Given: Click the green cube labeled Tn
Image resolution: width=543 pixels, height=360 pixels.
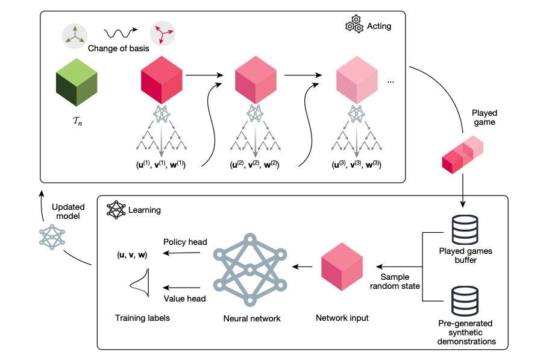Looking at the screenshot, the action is click(x=77, y=82).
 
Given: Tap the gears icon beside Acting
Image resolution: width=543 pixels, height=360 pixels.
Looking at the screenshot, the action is click(x=354, y=24).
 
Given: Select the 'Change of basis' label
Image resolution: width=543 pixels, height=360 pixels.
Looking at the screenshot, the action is click(x=119, y=48).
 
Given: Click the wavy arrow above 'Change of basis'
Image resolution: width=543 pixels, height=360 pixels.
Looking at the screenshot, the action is click(x=121, y=33).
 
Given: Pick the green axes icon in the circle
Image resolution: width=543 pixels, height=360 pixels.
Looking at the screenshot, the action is click(x=75, y=36).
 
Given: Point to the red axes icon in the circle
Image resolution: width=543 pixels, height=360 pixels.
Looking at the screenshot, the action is click(x=162, y=34).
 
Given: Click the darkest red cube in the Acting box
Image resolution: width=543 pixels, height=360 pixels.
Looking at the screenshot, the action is click(x=162, y=80).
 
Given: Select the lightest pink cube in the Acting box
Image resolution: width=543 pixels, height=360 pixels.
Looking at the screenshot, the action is click(x=357, y=80).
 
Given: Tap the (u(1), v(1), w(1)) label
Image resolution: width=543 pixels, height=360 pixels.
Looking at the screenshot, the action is click(x=161, y=164).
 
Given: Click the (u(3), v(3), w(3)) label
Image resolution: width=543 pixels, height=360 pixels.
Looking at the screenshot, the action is click(x=356, y=164).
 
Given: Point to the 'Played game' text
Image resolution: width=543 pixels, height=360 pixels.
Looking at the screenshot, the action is click(x=484, y=118).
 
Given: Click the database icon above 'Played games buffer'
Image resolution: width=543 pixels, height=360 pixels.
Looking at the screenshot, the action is click(x=465, y=229).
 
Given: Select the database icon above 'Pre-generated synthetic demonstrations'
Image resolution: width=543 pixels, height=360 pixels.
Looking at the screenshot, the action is click(x=465, y=301).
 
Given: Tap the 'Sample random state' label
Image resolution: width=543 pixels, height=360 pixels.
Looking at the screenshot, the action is click(x=395, y=282).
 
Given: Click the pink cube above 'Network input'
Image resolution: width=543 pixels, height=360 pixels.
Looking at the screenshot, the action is click(x=342, y=267).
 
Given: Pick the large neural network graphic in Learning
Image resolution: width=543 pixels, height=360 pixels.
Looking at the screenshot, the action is click(x=250, y=270).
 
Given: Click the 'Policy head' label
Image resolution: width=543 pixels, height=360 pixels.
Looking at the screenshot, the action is click(x=185, y=242).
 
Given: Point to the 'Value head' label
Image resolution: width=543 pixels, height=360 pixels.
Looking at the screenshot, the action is click(x=184, y=298).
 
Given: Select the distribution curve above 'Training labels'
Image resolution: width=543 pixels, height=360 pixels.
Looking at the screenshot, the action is click(x=140, y=282).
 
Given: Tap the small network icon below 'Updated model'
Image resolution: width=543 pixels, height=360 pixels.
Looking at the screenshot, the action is click(x=52, y=237).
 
